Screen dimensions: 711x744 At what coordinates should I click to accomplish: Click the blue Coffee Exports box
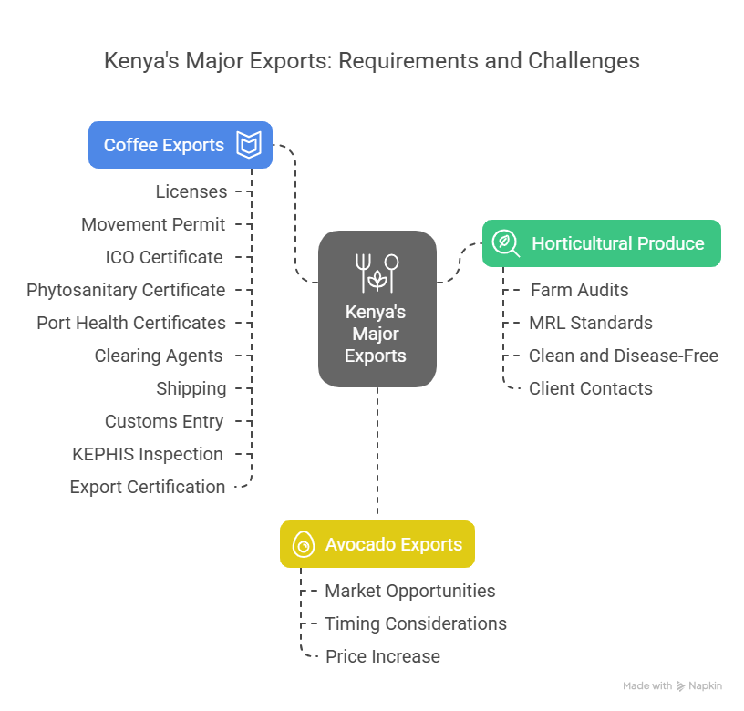pos(181,145)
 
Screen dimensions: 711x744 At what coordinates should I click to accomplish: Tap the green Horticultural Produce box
pos(602,243)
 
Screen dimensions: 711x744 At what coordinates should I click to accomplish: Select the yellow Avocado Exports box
pos(377,544)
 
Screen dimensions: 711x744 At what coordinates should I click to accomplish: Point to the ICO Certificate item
pos(164,257)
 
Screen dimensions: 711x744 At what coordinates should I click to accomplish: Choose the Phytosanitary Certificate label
pos(126,290)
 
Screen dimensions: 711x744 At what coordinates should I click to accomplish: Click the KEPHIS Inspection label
pos(148,454)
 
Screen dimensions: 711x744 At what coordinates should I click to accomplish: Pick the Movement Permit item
pos(153,224)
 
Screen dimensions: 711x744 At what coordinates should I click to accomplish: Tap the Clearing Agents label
pos(159,355)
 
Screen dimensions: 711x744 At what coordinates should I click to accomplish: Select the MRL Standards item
pos(591,323)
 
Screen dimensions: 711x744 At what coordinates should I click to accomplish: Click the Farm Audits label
pos(580,290)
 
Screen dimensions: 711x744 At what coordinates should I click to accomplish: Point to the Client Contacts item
pos(591,388)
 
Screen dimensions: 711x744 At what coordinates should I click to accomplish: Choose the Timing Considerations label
pos(416,623)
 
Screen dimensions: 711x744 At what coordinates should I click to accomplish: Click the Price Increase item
pos(383,656)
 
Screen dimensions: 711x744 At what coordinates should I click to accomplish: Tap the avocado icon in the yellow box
pos(302,545)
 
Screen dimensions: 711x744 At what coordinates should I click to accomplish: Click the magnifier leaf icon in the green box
pos(505,243)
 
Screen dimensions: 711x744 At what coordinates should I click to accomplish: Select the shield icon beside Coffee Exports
pos(249,145)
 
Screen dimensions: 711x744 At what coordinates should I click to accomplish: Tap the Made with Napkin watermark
pos(673,685)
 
